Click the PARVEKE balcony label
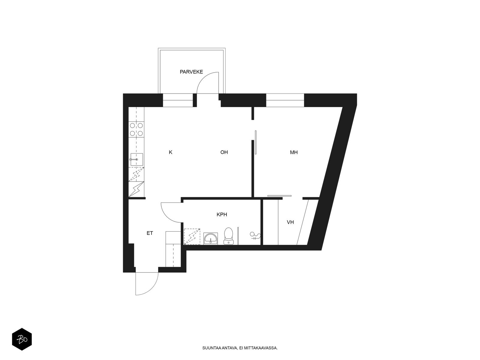click(191, 72)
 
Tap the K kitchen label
click(171, 152)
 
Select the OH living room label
click(224, 152)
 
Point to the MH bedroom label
click(294, 152)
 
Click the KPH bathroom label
click(222, 214)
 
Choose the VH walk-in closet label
click(290, 222)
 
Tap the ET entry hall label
click(150, 233)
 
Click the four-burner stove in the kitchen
click(136, 129)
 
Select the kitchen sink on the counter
click(137, 159)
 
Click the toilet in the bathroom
click(229, 236)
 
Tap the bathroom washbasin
click(211, 238)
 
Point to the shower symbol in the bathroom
click(192, 236)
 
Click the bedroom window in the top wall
click(285, 100)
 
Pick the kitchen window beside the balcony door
click(178, 100)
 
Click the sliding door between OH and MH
click(255, 142)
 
